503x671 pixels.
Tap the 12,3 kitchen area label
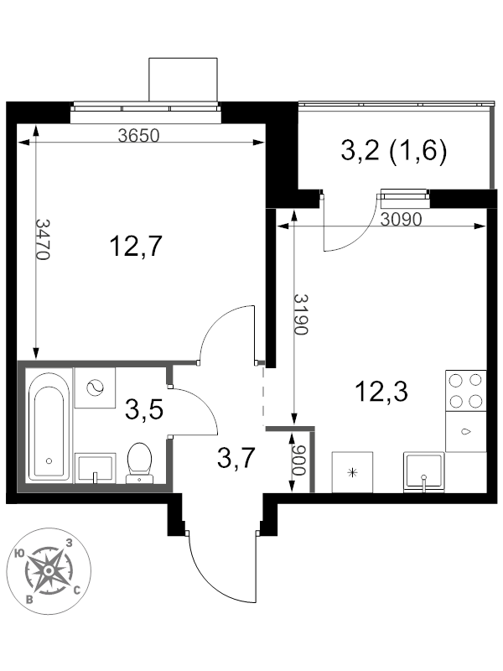coord(381,391)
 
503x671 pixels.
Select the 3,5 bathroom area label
coord(143,410)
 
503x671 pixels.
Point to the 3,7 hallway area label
coord(236,458)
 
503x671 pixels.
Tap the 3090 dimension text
coord(401,220)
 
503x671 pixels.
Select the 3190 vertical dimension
coord(301,315)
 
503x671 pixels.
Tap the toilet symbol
coord(138,462)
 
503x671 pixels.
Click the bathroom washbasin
coord(95,468)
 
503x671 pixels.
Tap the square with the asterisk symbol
coord(353,472)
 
